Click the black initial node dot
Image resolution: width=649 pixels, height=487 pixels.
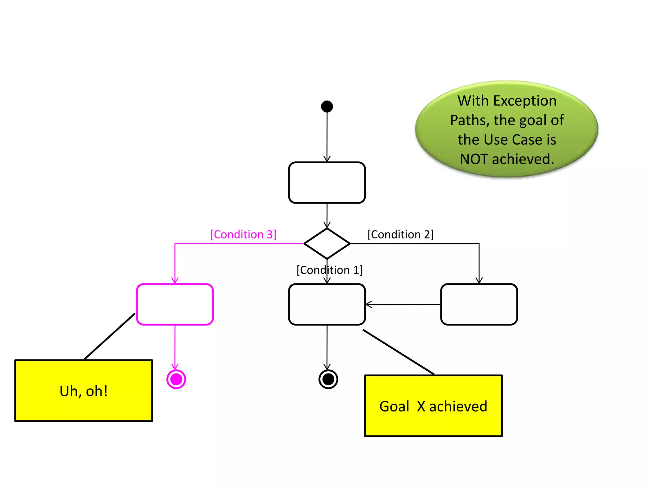pyautogui.click(x=327, y=107)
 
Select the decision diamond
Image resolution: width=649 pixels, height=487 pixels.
pyautogui.click(x=327, y=243)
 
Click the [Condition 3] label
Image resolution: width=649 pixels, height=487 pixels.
pyautogui.click(x=243, y=235)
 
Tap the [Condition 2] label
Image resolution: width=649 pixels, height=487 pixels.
pyautogui.click(x=400, y=235)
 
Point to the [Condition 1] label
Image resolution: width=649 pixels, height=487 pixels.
pyautogui.click(x=329, y=270)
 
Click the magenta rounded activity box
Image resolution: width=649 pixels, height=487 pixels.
pyautogui.click(x=175, y=304)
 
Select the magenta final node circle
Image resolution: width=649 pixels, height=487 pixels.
pyautogui.click(x=176, y=379)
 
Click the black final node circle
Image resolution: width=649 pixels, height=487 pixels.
pyautogui.click(x=328, y=379)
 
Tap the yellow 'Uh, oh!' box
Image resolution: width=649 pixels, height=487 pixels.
pyautogui.click(x=84, y=391)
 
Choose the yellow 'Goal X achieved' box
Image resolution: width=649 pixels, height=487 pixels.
pyautogui.click(x=434, y=406)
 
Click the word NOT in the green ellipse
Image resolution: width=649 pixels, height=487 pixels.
pyautogui.click(x=474, y=159)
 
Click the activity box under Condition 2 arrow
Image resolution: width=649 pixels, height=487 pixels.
pyautogui.click(x=479, y=304)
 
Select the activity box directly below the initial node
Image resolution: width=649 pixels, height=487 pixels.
pyautogui.click(x=327, y=183)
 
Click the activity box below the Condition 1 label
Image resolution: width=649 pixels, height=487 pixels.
pyautogui.click(x=327, y=304)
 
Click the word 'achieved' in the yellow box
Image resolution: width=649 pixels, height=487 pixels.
pyautogui.click(x=458, y=406)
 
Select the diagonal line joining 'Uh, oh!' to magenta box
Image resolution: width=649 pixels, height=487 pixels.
pyautogui.click(x=110, y=336)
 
